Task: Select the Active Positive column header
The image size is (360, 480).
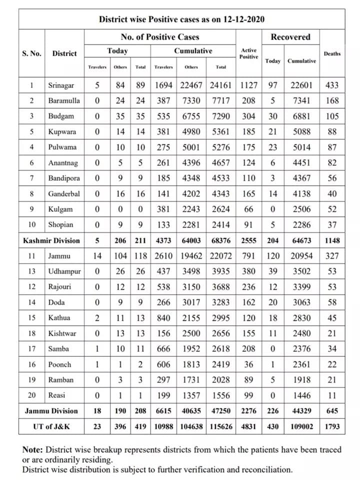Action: [x=248, y=54]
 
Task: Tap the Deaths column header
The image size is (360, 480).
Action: [x=332, y=54]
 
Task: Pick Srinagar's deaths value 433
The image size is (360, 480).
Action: [x=332, y=85]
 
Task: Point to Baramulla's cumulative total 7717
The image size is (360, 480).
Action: [x=221, y=101]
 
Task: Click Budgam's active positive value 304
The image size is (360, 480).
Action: [x=248, y=116]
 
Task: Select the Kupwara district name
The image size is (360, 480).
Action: [x=62, y=132]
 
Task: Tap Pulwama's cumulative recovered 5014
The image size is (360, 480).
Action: [x=301, y=147]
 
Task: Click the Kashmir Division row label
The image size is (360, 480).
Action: [x=51, y=241]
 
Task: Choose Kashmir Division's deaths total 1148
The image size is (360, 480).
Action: [x=332, y=241]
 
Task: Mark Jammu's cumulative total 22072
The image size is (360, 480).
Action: [x=221, y=256]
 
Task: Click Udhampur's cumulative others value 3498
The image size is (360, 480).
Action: [x=191, y=272]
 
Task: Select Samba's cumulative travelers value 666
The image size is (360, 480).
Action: [x=163, y=349]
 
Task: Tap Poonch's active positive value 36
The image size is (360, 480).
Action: [x=248, y=364]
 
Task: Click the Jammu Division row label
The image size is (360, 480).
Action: [x=51, y=411]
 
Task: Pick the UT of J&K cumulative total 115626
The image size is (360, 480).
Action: [x=221, y=426]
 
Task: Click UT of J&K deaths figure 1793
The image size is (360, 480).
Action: [x=332, y=426]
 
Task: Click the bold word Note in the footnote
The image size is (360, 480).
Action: [x=33, y=450]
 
